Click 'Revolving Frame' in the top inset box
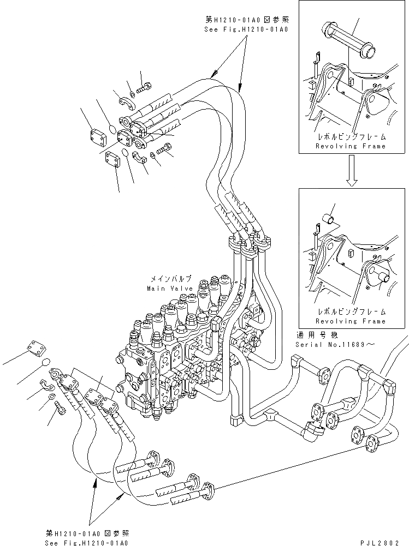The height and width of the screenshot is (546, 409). pyautogui.click(x=351, y=146)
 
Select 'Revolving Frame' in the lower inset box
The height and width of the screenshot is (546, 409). pyautogui.click(x=351, y=321)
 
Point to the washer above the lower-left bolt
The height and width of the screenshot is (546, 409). pyautogui.click(x=50, y=397)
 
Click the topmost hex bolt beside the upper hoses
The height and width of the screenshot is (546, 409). pyautogui.click(x=146, y=86)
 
